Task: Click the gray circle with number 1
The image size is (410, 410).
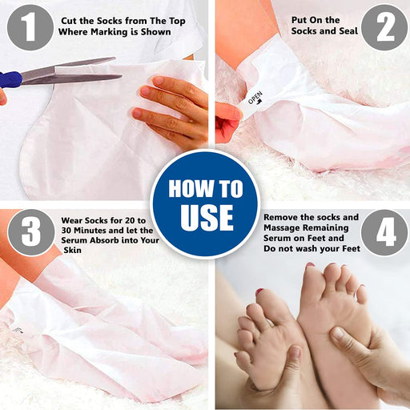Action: [x=30, y=27]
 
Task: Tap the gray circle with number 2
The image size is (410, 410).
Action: [x=384, y=27]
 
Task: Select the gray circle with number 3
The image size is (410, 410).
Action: [x=31, y=232]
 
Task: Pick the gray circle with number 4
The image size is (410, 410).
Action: [x=384, y=232]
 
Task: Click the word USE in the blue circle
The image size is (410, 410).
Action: [x=207, y=218]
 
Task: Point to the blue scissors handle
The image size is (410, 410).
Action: [x=10, y=79]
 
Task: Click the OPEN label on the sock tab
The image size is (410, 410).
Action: [x=255, y=98]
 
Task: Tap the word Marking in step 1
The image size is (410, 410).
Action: [x=109, y=32]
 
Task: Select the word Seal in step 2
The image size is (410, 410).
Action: [x=348, y=31]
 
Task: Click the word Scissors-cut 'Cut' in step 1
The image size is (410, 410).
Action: [x=69, y=21]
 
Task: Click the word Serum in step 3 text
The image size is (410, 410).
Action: [x=74, y=240]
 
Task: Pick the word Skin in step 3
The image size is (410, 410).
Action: [x=73, y=250]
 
